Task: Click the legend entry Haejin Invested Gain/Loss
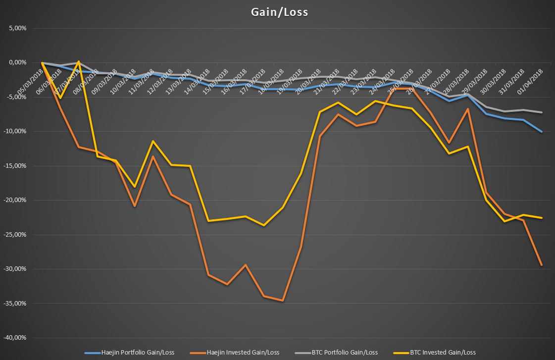[x=235, y=352]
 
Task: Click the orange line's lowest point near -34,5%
[x=283, y=301]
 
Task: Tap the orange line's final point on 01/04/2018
[x=542, y=265]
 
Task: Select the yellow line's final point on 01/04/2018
[x=542, y=218]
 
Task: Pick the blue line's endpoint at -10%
[x=542, y=132]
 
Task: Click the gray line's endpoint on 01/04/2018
[x=542, y=112]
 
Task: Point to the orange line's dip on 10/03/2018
[x=135, y=206]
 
